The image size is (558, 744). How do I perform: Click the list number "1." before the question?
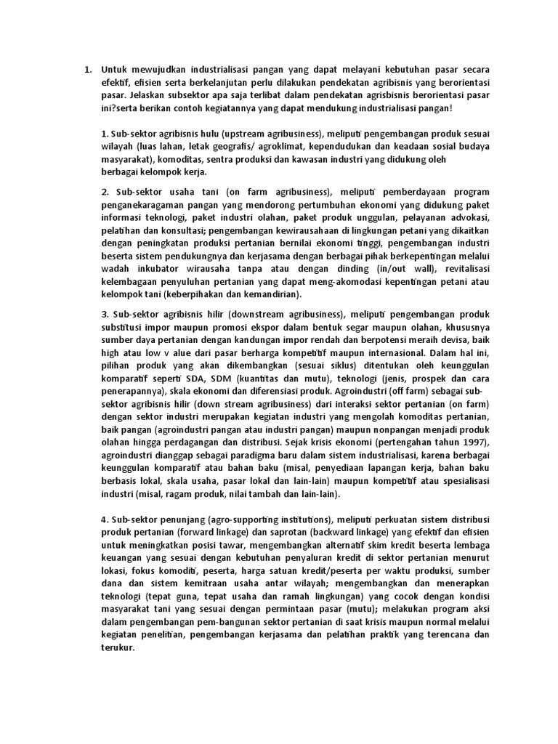point(87,70)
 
